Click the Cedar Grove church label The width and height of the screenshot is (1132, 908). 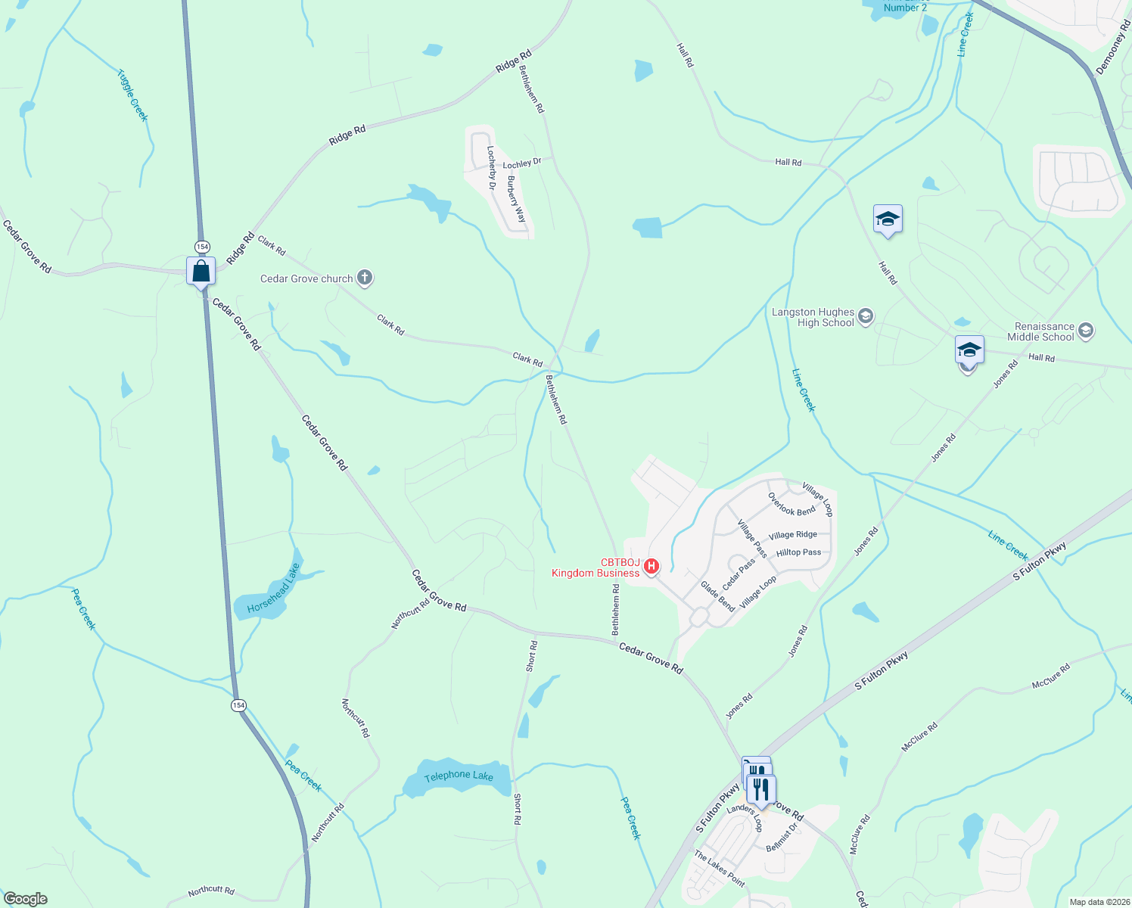coord(306,279)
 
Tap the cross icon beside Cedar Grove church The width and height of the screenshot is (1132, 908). coord(365,278)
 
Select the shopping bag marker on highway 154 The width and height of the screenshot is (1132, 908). coord(201,271)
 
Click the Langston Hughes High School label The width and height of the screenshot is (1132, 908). coord(813,318)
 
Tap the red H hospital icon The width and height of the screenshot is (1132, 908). coord(651,566)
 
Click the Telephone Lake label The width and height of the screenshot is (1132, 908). coord(459,776)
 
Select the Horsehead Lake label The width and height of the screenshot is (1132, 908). coord(273,589)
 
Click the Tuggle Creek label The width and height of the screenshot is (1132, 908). coord(132,95)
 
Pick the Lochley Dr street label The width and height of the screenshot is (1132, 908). coord(522,163)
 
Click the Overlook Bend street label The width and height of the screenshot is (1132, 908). coord(791,505)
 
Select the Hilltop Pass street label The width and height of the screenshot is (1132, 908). coord(798,552)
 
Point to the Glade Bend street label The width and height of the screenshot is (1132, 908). coord(717,596)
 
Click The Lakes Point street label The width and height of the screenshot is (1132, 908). coord(720,869)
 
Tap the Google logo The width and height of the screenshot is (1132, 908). coord(26,899)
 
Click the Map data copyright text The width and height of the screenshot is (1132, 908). coord(1098,902)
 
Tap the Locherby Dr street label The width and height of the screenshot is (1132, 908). coord(491,168)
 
